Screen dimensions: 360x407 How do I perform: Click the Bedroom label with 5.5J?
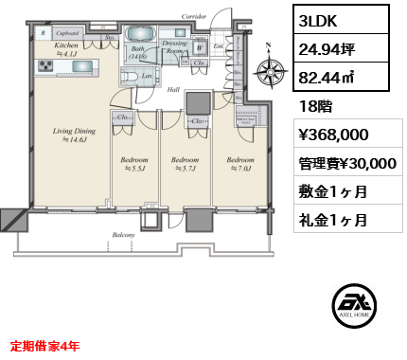(x=134, y=165)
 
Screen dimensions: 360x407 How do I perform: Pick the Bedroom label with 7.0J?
(x=240, y=165)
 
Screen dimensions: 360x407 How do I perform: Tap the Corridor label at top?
(x=194, y=16)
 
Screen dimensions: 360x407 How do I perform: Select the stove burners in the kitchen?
(x=46, y=65)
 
